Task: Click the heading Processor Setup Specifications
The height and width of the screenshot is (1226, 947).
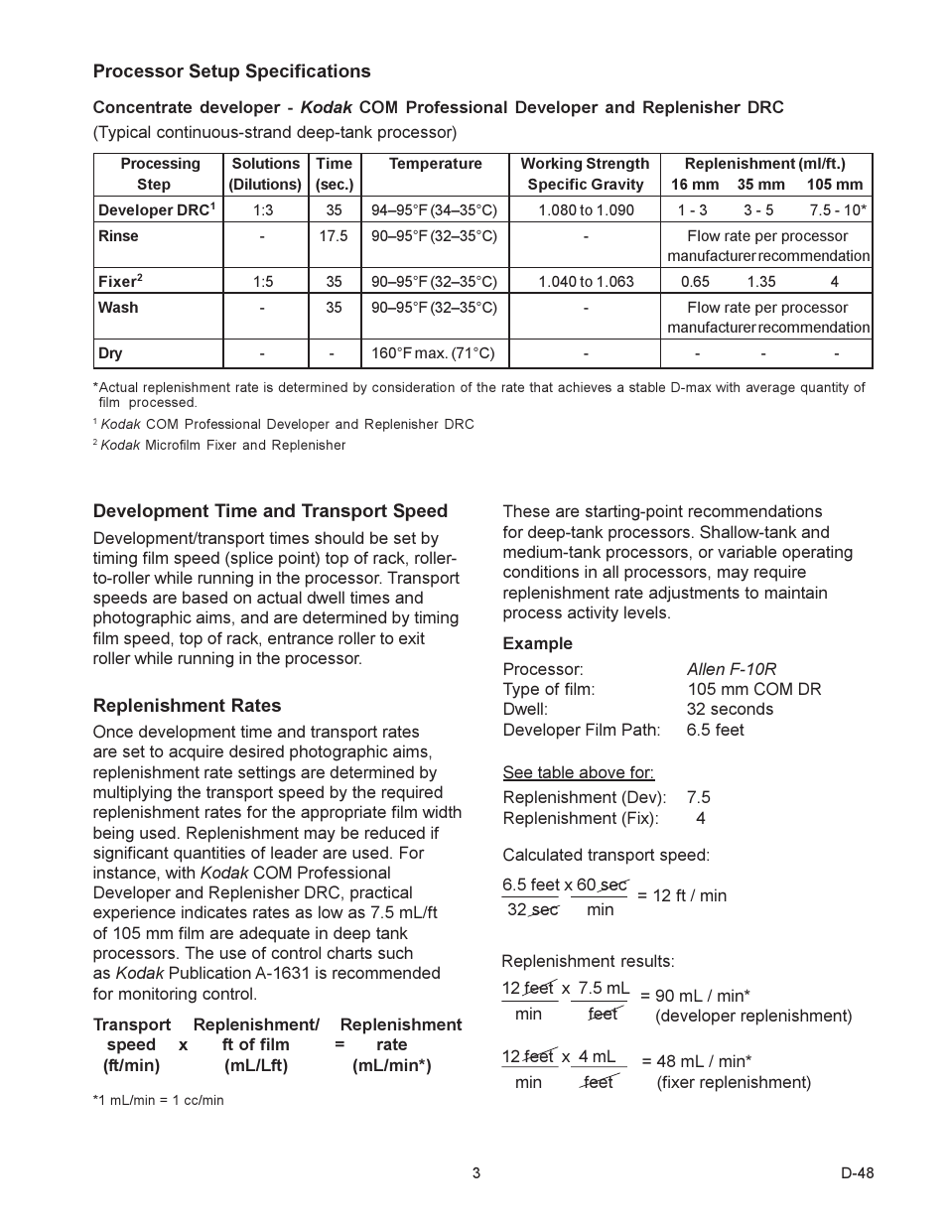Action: tap(231, 71)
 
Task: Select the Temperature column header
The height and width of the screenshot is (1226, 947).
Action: tap(435, 164)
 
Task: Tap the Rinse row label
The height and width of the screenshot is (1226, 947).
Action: tap(118, 236)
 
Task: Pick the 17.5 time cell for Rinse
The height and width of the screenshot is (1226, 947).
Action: tap(334, 236)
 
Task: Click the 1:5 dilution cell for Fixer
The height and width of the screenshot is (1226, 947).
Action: tap(262, 282)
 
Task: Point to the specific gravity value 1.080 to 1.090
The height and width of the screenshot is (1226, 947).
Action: tap(586, 210)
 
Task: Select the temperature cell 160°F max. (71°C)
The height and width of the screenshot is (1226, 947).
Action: tap(433, 353)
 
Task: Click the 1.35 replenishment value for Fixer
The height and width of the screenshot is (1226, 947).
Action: tap(761, 282)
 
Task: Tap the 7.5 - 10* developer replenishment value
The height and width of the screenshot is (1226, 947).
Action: tap(838, 210)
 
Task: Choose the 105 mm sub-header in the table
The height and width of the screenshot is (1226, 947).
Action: tap(835, 185)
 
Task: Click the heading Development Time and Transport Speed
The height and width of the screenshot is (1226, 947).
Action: tap(270, 511)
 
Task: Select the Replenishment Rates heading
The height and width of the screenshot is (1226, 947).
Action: tap(187, 706)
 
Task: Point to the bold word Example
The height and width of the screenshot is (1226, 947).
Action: tap(537, 643)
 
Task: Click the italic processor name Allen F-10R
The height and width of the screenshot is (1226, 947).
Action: tap(732, 669)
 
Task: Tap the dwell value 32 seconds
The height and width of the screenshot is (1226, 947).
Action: tap(730, 709)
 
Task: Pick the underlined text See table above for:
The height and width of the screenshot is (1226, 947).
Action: tap(578, 772)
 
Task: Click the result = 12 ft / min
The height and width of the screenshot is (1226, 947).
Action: tap(682, 895)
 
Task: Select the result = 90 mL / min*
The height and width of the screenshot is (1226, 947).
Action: tap(695, 996)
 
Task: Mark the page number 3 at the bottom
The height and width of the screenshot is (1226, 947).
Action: tap(476, 1173)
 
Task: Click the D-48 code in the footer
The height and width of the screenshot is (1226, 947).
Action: tap(857, 1173)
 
